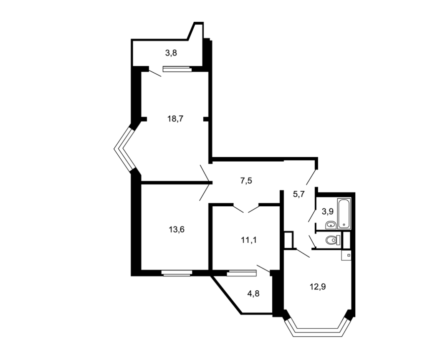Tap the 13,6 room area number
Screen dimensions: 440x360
(x=177, y=230)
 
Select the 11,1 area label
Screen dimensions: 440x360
(x=249, y=241)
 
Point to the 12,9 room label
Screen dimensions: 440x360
(x=318, y=287)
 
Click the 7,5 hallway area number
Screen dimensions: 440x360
(x=246, y=180)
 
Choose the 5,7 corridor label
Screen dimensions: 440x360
(x=299, y=194)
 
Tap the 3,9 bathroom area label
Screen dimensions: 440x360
(x=327, y=211)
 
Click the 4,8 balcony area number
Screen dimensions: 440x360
(x=253, y=294)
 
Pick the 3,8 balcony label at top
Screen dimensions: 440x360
(x=171, y=53)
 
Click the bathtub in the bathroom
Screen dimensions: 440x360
(x=344, y=213)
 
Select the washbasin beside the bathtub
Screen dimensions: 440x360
(x=331, y=225)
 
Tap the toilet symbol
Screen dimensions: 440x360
(x=334, y=240)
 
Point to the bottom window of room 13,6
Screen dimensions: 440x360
(x=177, y=273)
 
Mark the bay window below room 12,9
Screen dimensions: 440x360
(x=317, y=328)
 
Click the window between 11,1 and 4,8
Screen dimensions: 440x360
(x=241, y=273)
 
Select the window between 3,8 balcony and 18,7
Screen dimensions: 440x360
(x=177, y=69)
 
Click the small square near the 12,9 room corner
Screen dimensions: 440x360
(x=349, y=255)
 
